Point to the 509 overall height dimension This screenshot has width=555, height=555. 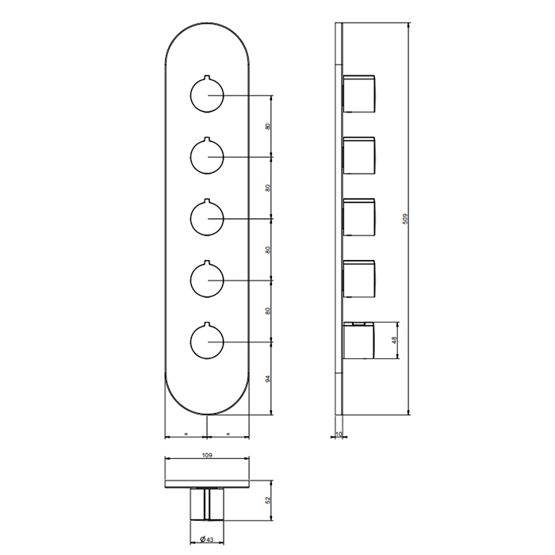point(406,218)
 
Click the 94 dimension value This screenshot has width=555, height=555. point(268,378)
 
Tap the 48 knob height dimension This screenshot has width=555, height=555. point(394,340)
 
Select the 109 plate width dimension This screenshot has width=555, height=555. point(207,455)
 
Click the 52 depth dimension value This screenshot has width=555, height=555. point(268,500)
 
